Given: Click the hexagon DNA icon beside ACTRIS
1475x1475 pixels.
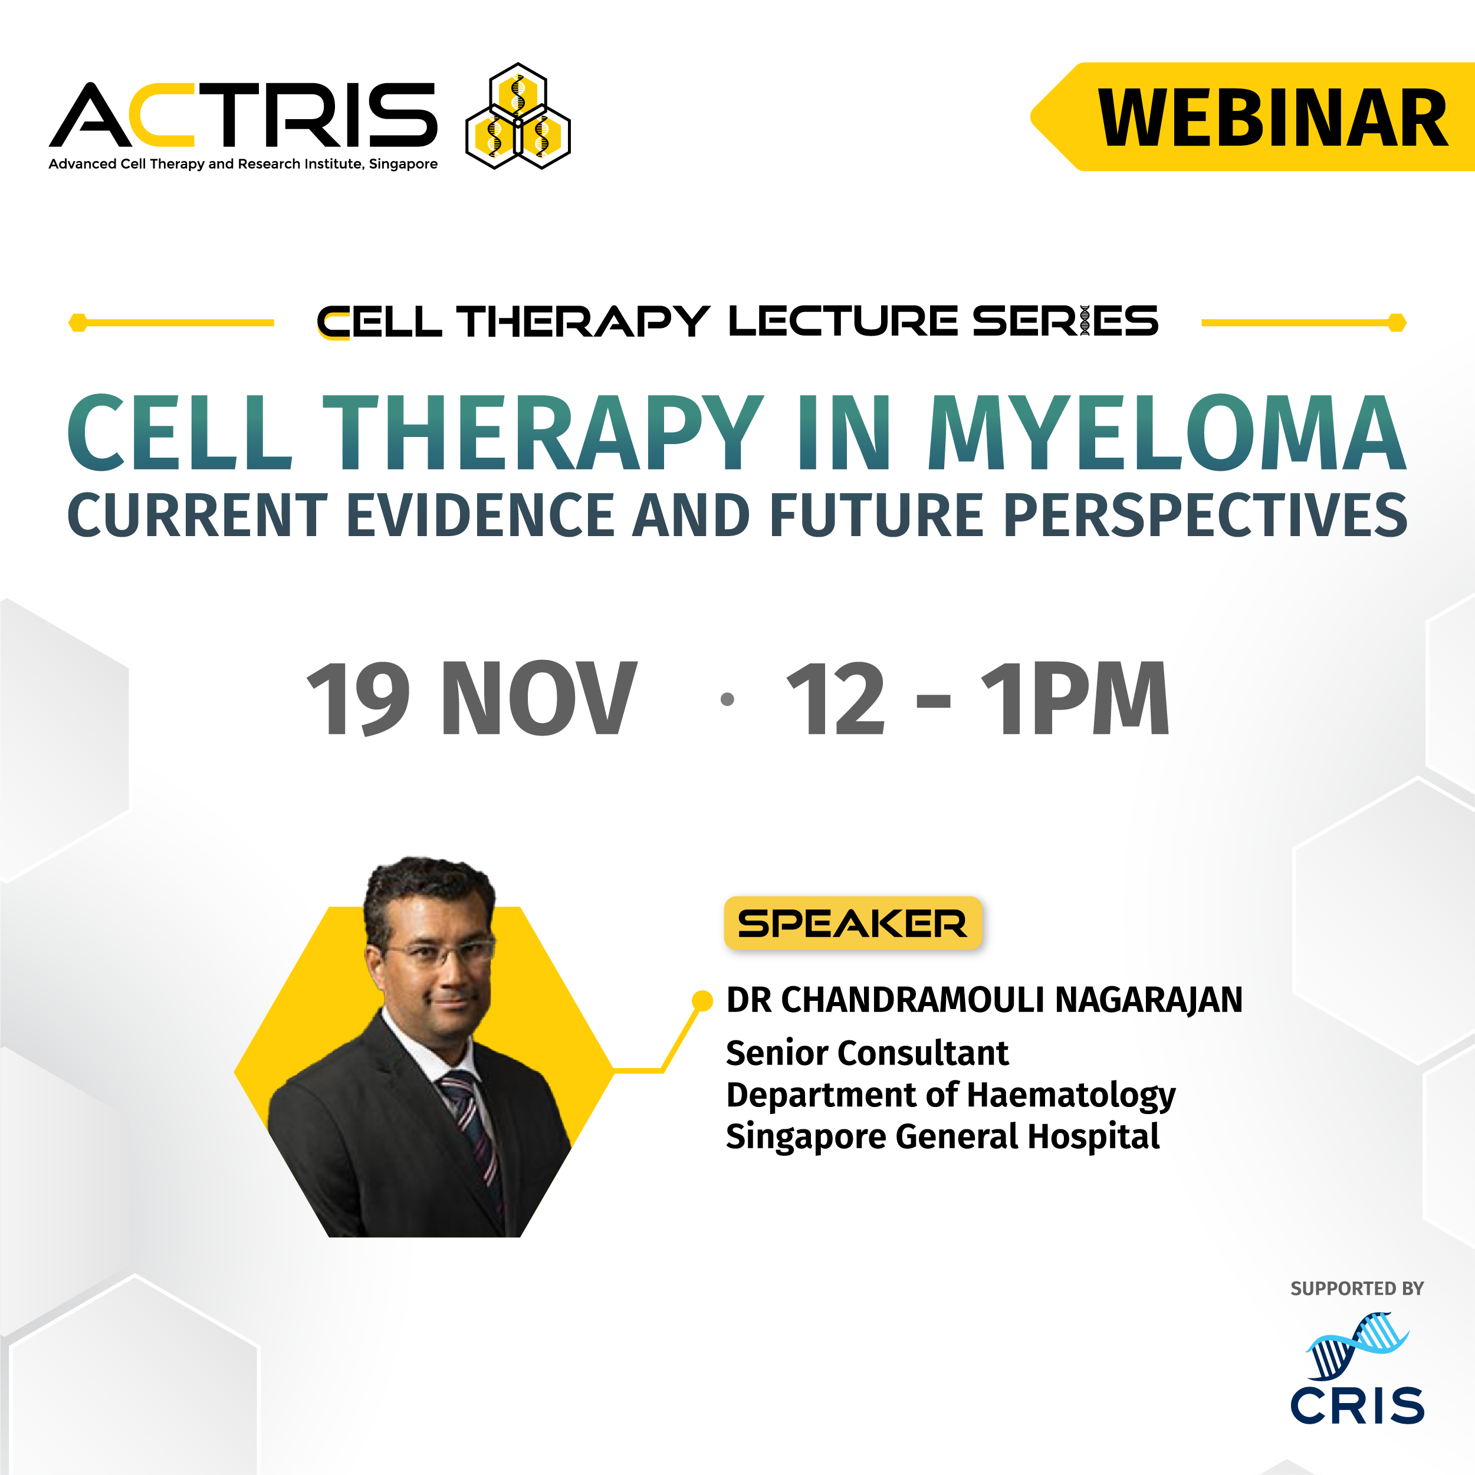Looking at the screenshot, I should pos(518,116).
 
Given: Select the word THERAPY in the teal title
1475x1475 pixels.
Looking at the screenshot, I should pos(542,433).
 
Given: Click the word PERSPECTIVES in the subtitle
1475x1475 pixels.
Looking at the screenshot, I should pos(1205,515).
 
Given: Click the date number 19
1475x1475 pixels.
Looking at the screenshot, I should pos(359,698).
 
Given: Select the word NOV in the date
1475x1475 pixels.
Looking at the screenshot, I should pos(538,698).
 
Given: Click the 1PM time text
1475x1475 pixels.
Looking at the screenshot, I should pos(1075,698).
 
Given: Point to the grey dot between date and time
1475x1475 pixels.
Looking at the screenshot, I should pos(727,698).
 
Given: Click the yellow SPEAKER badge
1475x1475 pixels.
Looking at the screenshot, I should pos(852,923).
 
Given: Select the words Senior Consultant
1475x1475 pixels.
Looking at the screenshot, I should pos(866,1053).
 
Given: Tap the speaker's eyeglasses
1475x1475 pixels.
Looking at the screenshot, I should pos(439,952).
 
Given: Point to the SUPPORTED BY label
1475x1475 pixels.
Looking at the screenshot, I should pos(1356,1289).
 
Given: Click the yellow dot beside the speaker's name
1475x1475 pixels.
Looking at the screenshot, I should pos(702,1000).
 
